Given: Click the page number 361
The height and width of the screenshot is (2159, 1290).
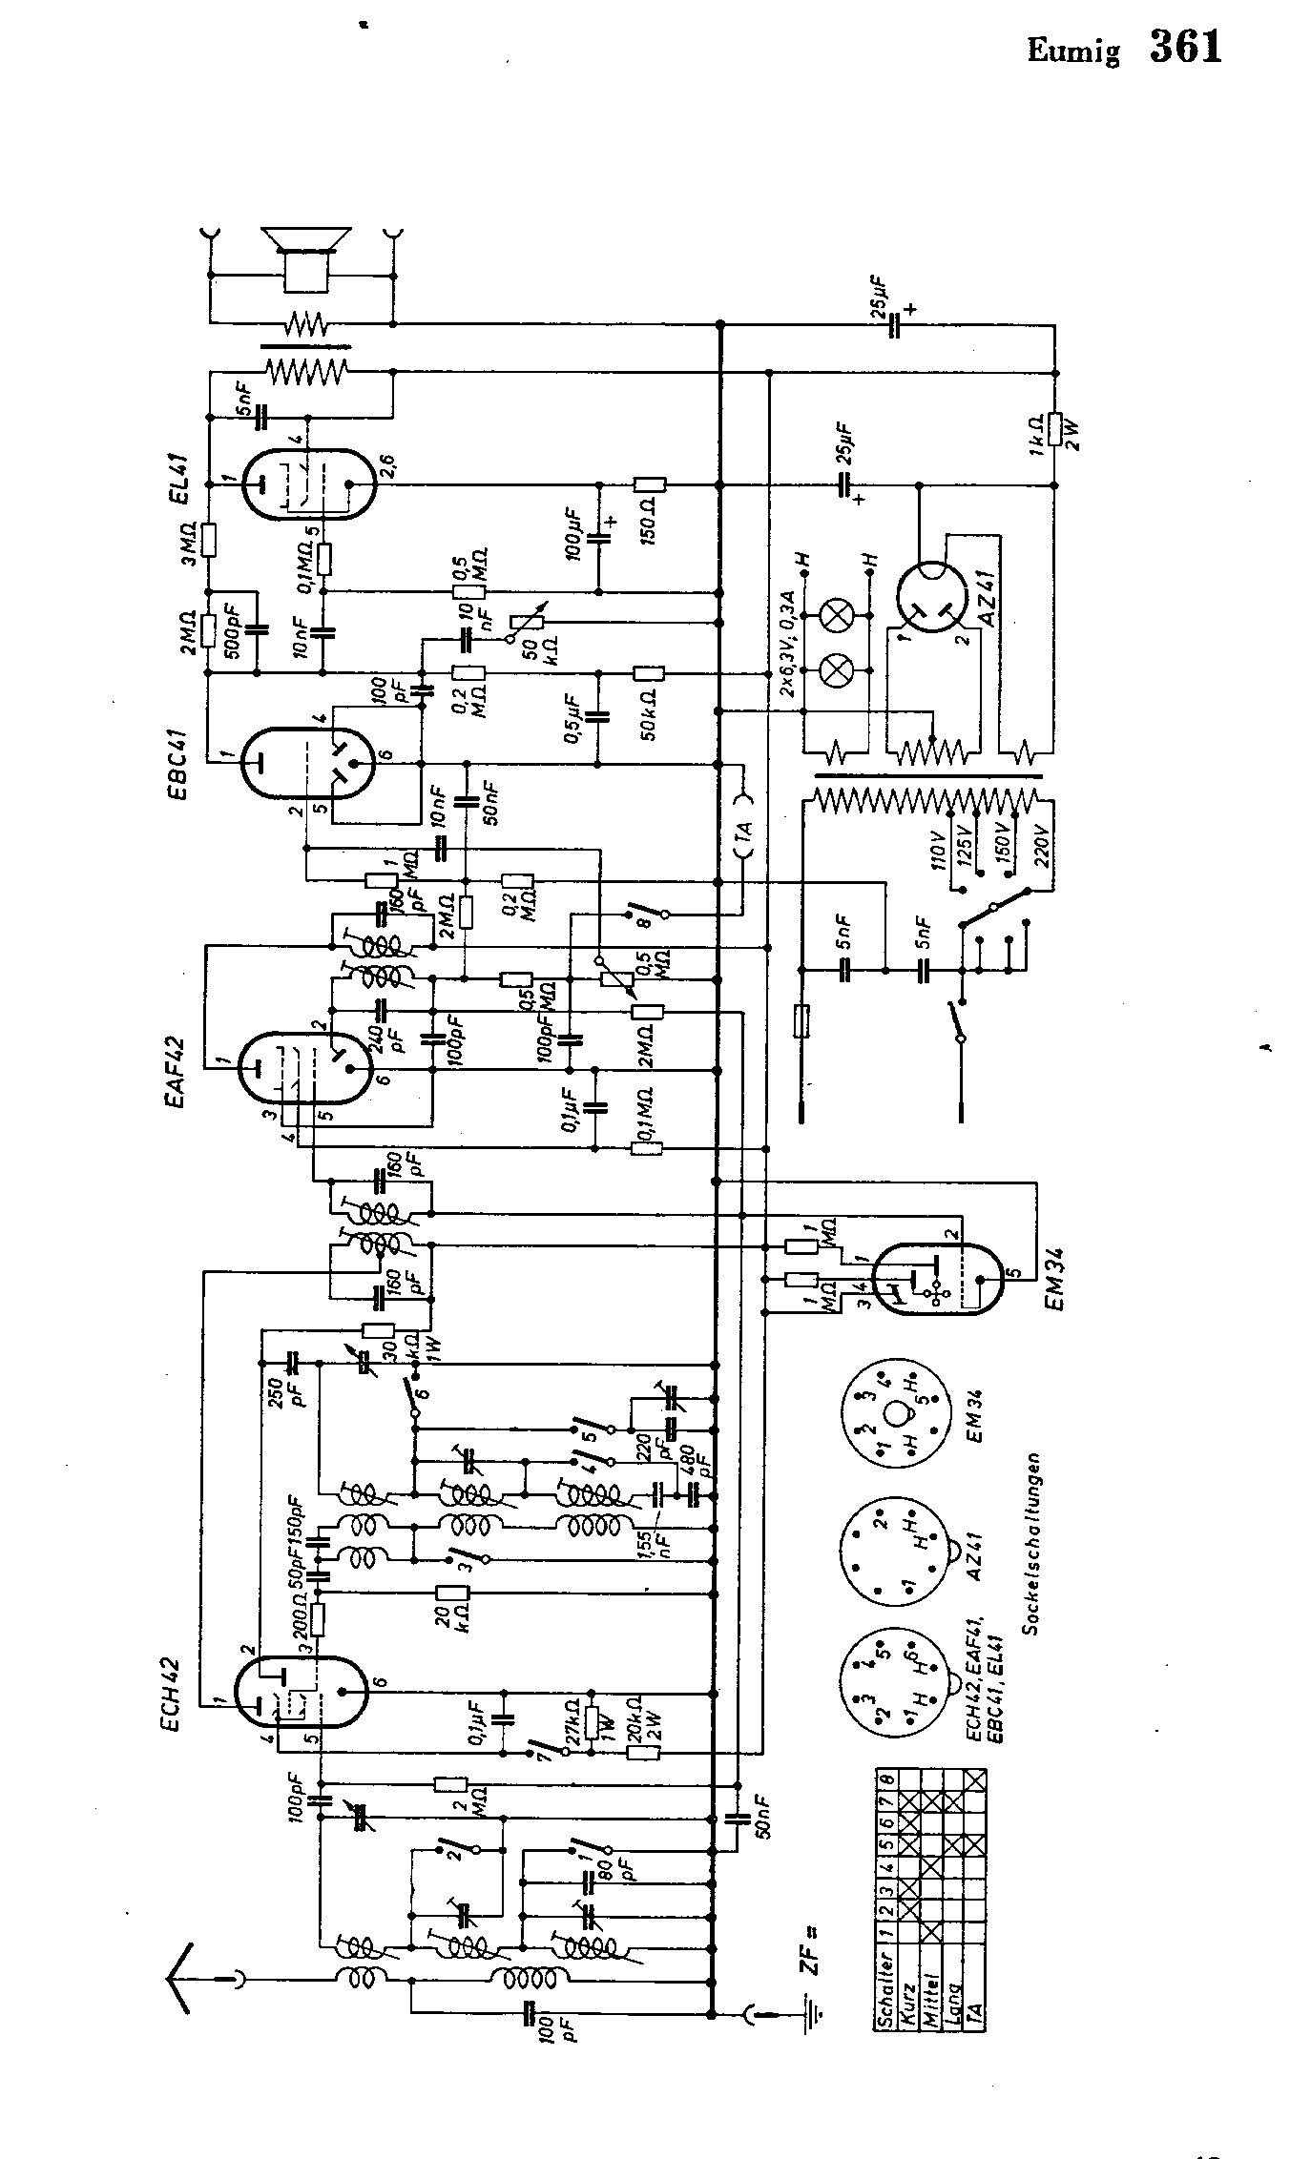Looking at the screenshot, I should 1186,47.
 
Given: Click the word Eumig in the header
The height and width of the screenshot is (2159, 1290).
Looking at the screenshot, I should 1073,51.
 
